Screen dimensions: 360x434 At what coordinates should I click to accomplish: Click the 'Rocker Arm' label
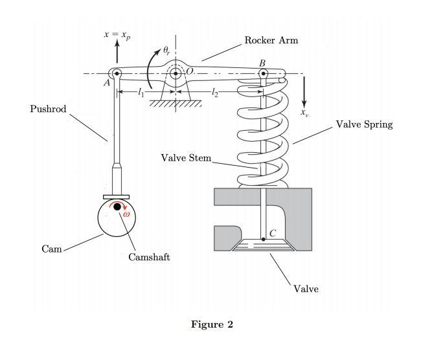pos(271,41)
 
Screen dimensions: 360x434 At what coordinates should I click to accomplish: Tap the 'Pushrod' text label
pos(48,109)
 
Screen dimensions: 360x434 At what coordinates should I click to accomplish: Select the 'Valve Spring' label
pos(364,124)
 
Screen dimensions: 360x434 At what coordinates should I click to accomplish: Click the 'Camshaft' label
pos(149,257)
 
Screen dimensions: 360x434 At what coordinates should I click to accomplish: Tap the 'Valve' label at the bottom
pos(306,289)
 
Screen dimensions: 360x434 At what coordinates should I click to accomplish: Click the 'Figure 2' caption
pos(212,324)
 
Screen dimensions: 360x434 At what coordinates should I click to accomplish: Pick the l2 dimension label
pos(216,94)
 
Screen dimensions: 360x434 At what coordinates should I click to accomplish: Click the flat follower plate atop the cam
pos(116,196)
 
